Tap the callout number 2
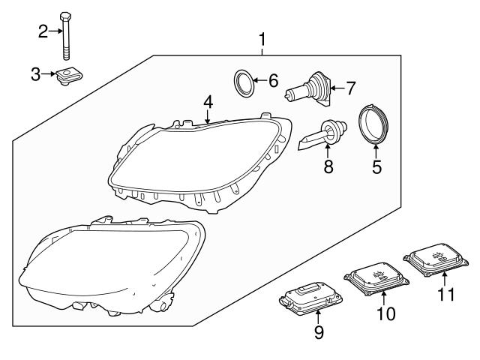click(x=43, y=31)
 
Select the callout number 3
click(x=35, y=73)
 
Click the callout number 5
click(x=376, y=166)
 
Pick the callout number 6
click(x=272, y=79)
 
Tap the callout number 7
click(x=350, y=89)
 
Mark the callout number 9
click(x=319, y=331)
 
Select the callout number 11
click(x=446, y=295)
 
